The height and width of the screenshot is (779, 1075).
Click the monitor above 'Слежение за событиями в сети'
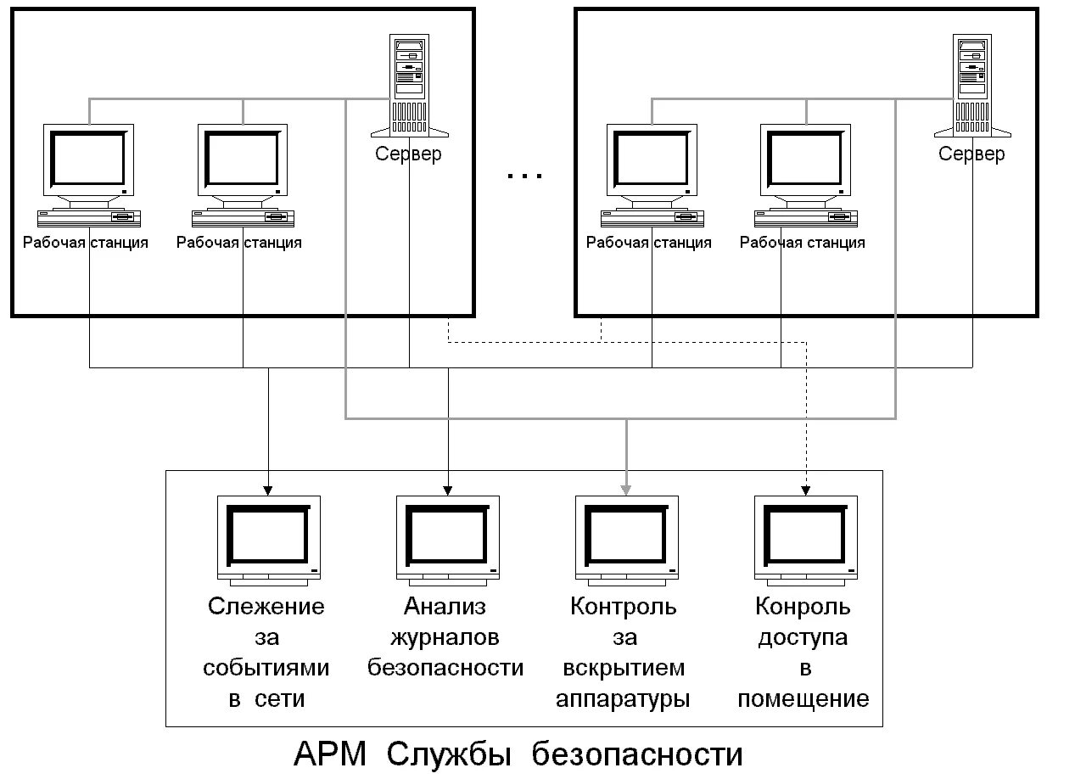pos(268,539)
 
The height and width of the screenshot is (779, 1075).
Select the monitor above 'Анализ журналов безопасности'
pos(447,539)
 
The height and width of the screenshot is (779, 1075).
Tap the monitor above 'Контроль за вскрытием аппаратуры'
pos(627,539)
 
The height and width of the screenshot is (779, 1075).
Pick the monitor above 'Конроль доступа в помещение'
pos(806,539)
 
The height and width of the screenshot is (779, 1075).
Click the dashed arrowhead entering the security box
pos(806,490)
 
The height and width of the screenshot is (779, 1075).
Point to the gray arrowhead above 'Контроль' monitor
pos(627,490)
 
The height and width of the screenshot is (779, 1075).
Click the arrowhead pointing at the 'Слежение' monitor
pos(268,490)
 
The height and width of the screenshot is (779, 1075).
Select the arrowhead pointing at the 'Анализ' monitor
pos(447,490)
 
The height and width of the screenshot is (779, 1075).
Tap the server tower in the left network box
pos(409,85)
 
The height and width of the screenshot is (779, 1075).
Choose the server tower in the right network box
pos(972,85)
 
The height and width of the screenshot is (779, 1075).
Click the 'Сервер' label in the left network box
pos(408,154)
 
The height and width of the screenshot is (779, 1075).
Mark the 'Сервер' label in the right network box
pos(971,154)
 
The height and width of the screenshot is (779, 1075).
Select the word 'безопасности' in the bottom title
pos(637,754)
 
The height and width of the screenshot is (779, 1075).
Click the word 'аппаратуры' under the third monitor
pos(623,698)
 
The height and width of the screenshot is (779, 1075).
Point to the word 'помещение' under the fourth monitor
pos(803,698)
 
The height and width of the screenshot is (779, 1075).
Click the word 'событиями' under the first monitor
pos(266,668)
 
